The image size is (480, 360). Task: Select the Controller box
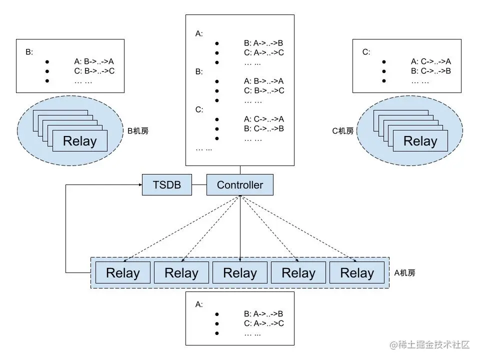[x=239, y=185]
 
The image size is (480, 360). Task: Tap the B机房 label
[x=138, y=131]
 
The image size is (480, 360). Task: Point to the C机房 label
[x=343, y=131]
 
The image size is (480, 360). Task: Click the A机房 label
[x=404, y=273]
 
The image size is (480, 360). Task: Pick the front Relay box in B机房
[x=79, y=141]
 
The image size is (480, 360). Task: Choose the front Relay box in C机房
[x=420, y=141]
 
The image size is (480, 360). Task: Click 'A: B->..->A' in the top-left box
[x=94, y=61]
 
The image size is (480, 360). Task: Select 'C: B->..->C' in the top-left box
[x=94, y=71]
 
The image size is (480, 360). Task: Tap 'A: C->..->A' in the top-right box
[x=430, y=61]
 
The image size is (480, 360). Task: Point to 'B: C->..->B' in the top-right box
[x=430, y=71]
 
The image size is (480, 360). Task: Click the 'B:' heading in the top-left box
[x=29, y=51]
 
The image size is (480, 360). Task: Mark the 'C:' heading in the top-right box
[x=366, y=51]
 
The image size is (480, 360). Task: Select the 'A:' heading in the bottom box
[x=198, y=304]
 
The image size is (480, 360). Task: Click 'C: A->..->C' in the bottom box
[x=263, y=323]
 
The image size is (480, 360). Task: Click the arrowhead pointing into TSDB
[x=139, y=185]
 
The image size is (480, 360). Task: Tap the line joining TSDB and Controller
[x=200, y=185]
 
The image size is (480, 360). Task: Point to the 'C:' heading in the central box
[x=199, y=109]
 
